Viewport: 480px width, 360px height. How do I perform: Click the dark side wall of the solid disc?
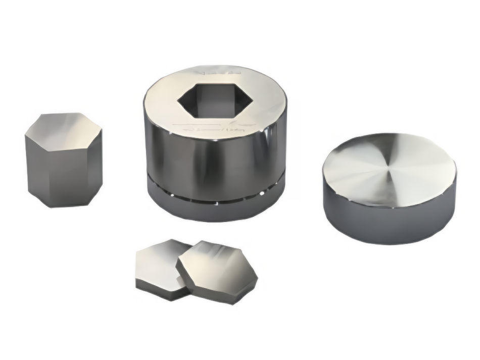384,222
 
